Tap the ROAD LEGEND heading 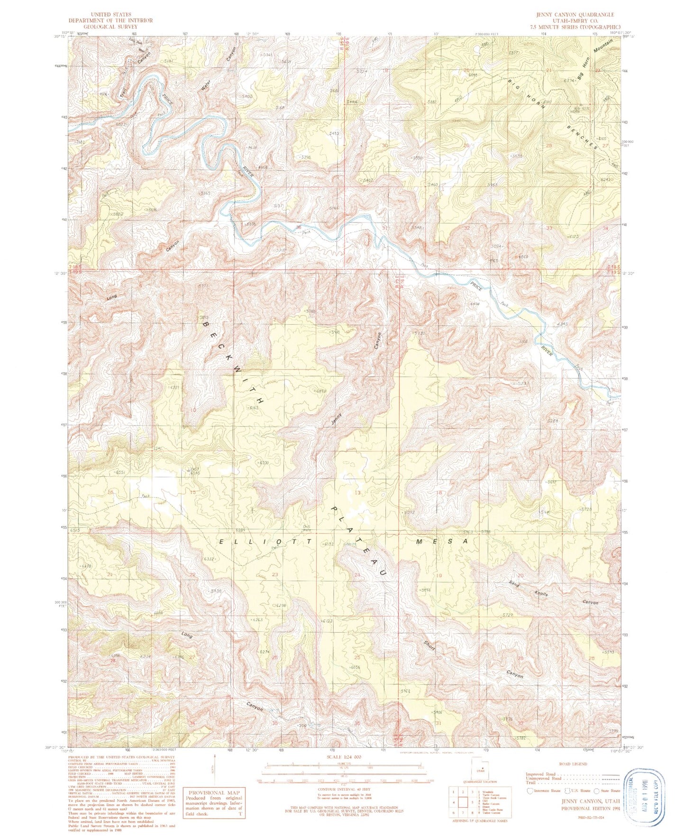(573, 764)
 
